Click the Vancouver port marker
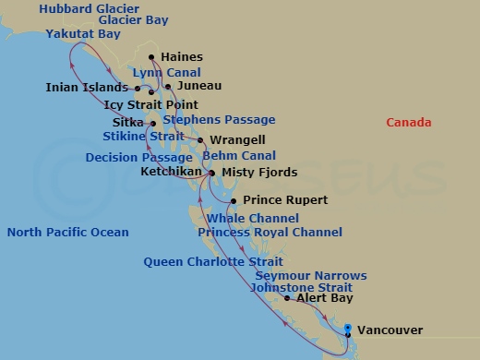coord(347,330)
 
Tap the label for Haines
coord(181,57)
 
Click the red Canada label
coord(410,123)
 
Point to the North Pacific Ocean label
coord(67,233)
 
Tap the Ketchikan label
coord(172,172)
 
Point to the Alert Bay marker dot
coord(287,299)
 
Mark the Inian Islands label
coord(80,89)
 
